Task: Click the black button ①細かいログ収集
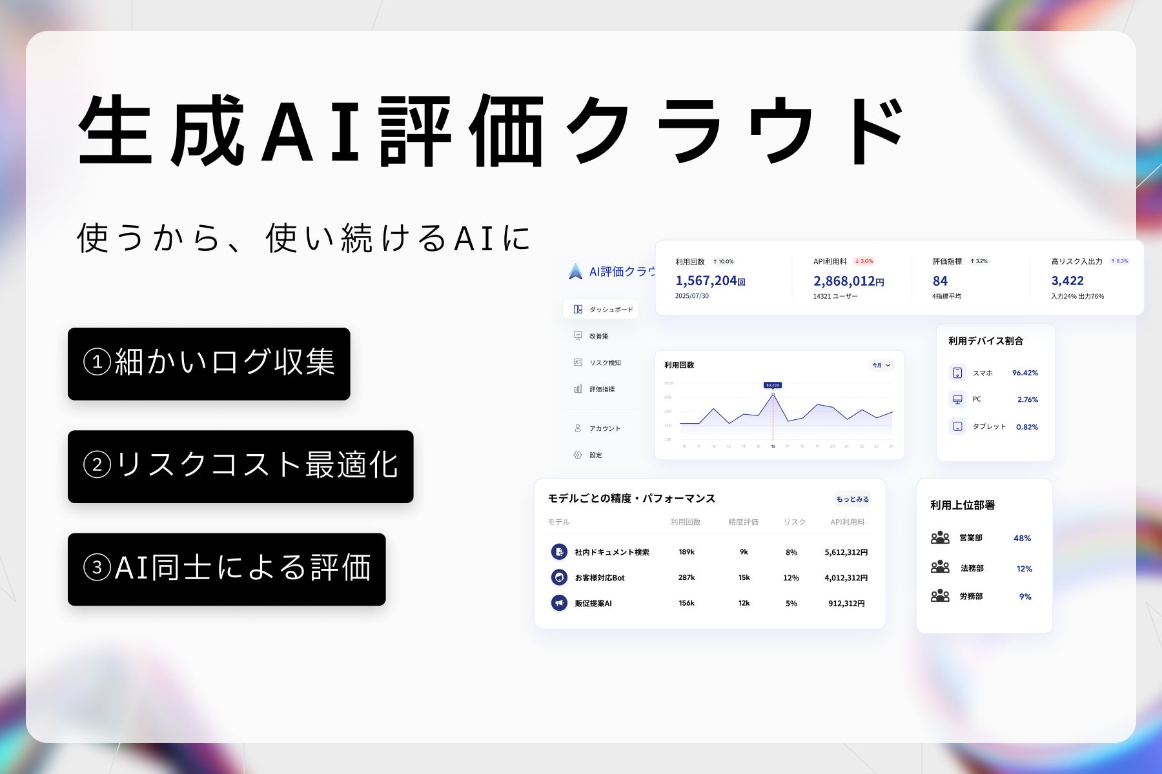tap(209, 364)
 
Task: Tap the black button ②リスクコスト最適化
tap(240, 466)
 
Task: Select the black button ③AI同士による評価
tap(227, 569)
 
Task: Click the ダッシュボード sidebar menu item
tap(602, 310)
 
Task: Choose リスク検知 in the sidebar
tap(604, 362)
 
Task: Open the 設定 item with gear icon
tap(595, 455)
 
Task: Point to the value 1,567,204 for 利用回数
tap(706, 281)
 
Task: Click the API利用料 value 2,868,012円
tap(848, 281)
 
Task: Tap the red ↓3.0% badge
tap(864, 261)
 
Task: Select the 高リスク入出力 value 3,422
tap(1067, 281)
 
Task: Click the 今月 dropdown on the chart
tap(881, 365)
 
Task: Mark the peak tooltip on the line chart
tap(773, 385)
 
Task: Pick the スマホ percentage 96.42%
tap(1024, 373)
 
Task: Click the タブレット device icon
tap(957, 426)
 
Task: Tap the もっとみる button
tap(852, 499)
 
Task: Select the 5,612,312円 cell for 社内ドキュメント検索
tap(846, 552)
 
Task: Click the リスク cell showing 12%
tap(791, 578)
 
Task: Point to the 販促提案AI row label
tap(593, 604)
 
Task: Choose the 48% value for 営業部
tap(1022, 539)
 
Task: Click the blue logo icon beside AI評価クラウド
tap(575, 272)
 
